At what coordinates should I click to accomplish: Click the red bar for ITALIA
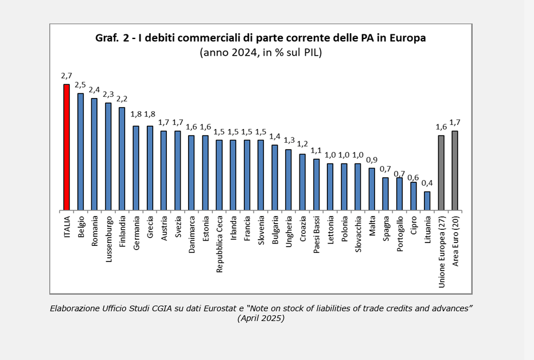click(x=67, y=147)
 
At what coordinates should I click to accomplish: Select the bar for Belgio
click(x=80, y=152)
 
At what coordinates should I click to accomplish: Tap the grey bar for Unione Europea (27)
click(x=441, y=173)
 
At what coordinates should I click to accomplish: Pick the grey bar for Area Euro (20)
click(x=455, y=170)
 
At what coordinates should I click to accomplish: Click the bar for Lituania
click(x=427, y=201)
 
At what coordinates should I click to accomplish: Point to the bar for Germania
click(x=136, y=168)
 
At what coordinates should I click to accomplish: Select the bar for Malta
click(x=371, y=189)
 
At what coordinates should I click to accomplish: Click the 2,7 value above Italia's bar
click(x=67, y=76)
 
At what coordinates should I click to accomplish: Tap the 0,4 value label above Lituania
click(x=427, y=183)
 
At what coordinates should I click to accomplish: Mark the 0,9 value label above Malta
click(x=371, y=159)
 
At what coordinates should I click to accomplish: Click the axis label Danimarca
click(x=192, y=234)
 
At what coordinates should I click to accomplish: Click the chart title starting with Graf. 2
click(x=260, y=38)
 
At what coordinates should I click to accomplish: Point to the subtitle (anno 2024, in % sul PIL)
click(x=260, y=53)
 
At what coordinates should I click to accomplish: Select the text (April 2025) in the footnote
click(x=260, y=318)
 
